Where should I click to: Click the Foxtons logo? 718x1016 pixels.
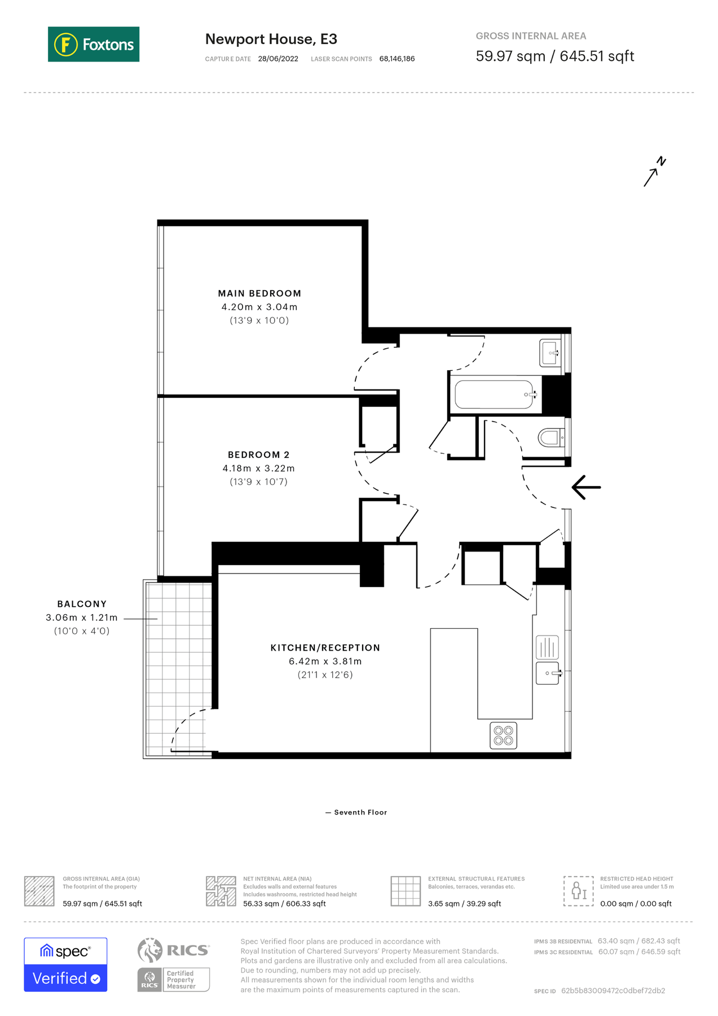pos(94,44)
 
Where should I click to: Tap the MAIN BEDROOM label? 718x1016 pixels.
pos(259,294)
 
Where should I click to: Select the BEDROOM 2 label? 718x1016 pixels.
pos(258,455)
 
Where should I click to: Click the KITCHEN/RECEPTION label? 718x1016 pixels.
pos(325,648)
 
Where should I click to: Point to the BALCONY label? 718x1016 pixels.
pos(82,604)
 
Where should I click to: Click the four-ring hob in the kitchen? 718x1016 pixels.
pos(503,735)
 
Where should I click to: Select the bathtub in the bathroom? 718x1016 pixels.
pos(495,395)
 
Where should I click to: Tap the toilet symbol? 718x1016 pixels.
pos(550,437)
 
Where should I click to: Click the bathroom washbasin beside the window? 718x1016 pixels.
pos(550,353)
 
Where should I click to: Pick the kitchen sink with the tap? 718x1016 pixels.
pos(548,673)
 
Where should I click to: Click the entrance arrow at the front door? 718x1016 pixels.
pos(586,487)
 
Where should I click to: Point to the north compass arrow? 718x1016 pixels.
pos(654,172)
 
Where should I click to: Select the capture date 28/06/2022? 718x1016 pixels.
pos(278,59)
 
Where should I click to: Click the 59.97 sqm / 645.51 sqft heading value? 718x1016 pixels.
pos(554,56)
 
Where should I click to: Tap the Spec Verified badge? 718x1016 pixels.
pos(65,964)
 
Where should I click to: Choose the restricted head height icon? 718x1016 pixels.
pos(578,891)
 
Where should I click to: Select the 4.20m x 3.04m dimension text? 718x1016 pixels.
pos(259,307)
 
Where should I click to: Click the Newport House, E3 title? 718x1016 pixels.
pos(271,39)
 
